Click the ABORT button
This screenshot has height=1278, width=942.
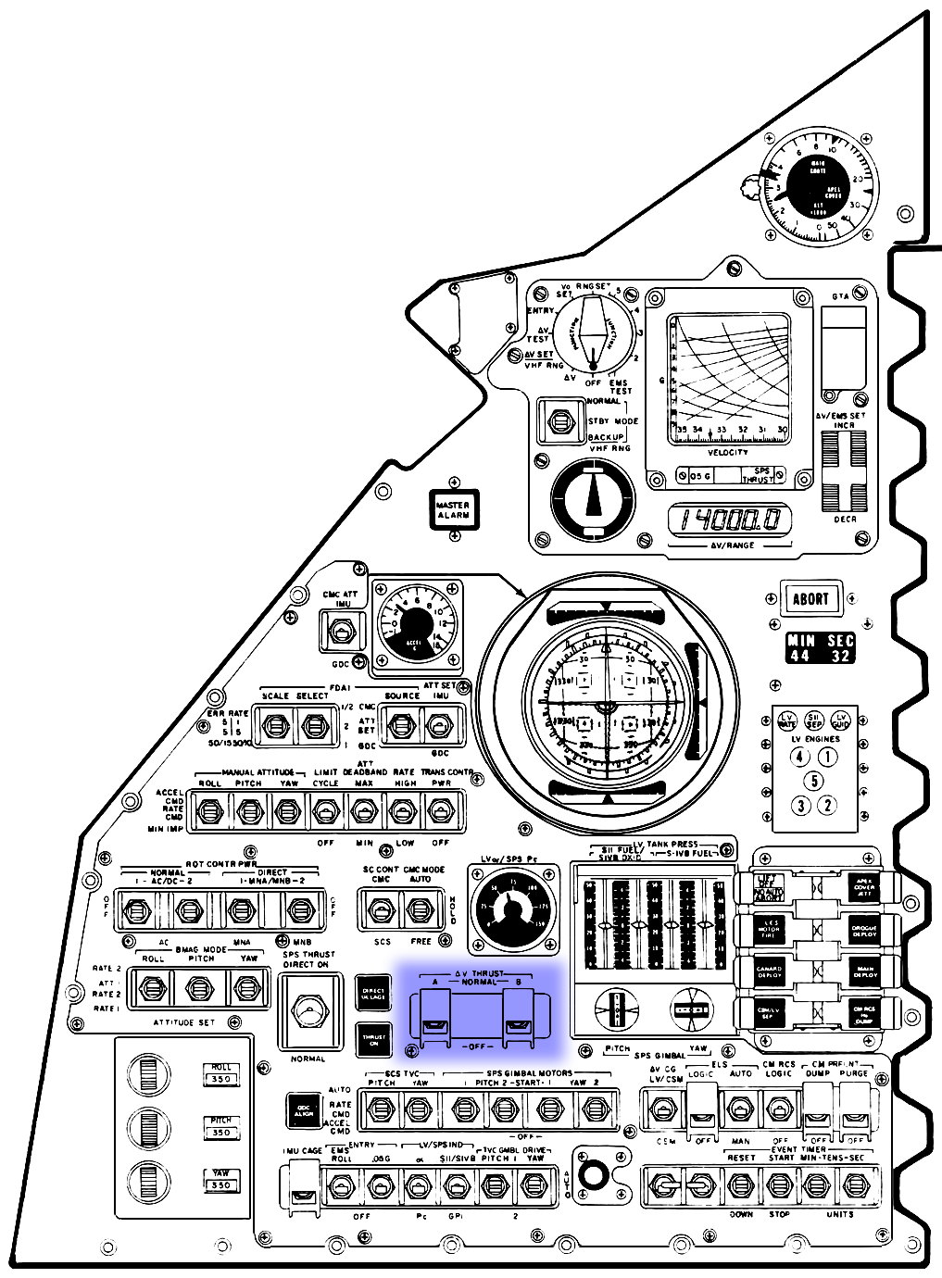pyautogui.click(x=810, y=598)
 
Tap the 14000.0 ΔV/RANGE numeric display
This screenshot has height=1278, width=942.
pyautogui.click(x=730, y=520)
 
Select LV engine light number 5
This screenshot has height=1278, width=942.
pyautogui.click(x=813, y=780)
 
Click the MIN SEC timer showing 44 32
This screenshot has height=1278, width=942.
pyautogui.click(x=820, y=647)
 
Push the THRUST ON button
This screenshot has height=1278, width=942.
pyautogui.click(x=374, y=1039)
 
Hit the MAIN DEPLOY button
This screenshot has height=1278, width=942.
pyautogui.click(x=863, y=971)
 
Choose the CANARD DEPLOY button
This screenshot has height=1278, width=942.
pyautogui.click(x=769, y=971)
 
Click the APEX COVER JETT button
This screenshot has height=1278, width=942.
pyautogui.click(x=863, y=886)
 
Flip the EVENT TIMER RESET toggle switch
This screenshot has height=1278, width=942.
pyautogui.click(x=739, y=1184)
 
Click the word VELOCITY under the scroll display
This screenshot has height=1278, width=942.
pyautogui.click(x=728, y=452)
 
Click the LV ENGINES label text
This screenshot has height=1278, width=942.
pyautogui.click(x=816, y=739)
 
